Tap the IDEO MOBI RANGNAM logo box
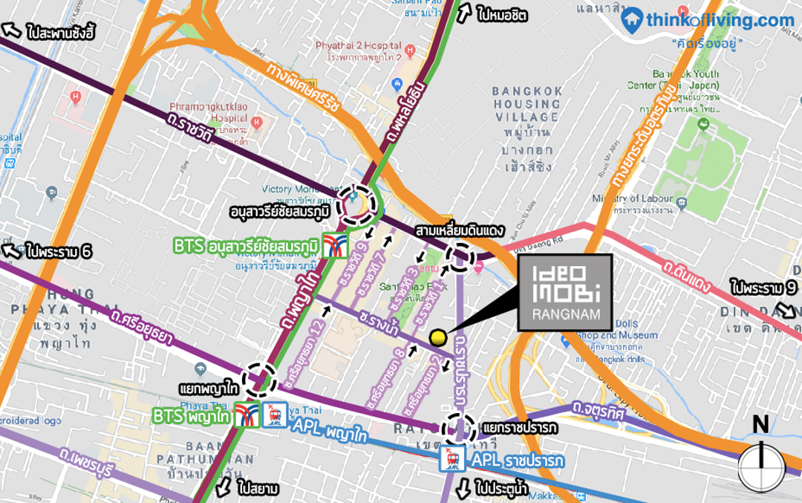564,292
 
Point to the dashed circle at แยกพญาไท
260,379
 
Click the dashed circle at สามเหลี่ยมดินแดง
460,257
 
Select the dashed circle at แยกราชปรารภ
458,429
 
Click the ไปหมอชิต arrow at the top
465,13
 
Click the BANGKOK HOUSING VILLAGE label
526,104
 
